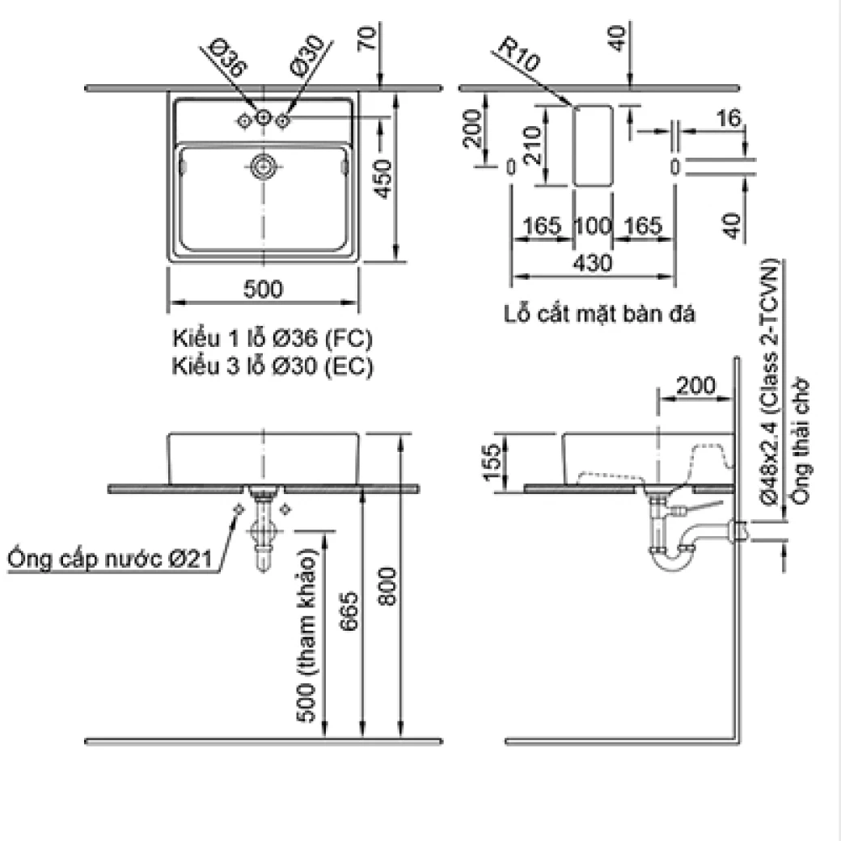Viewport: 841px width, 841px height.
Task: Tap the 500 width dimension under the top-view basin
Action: tap(262, 289)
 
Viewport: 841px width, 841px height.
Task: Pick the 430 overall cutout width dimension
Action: tap(594, 263)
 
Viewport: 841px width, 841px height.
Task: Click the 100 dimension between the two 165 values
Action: tap(593, 226)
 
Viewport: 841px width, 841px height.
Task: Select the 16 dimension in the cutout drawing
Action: tap(729, 119)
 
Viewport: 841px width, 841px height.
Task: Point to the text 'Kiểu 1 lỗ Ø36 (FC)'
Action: tap(273, 336)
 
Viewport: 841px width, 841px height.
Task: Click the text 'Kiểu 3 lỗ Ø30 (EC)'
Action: tap(273, 366)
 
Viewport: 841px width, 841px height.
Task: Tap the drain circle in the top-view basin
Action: tap(263, 167)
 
